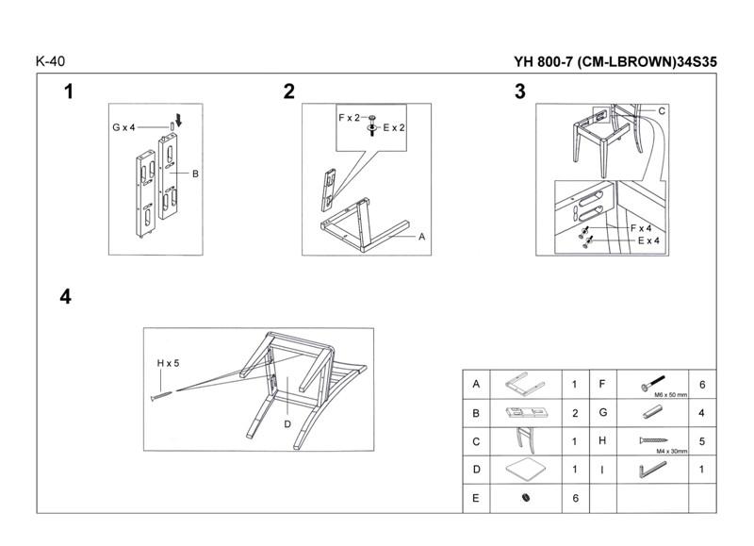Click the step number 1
point(68,91)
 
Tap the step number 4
point(65,297)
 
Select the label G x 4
point(123,126)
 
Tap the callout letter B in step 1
point(195,174)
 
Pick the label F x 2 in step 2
point(350,117)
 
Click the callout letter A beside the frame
point(422,237)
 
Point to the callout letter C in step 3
point(662,111)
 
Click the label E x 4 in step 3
point(647,240)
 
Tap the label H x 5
point(168,363)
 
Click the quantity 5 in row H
point(702,440)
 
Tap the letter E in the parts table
point(477,498)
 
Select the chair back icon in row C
point(524,440)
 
